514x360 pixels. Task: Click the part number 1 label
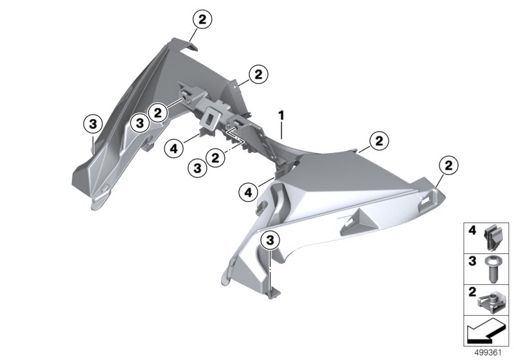(281, 116)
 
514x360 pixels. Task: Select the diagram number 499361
(488, 353)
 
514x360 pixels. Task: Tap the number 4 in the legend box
(472, 231)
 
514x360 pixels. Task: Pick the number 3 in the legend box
(472, 261)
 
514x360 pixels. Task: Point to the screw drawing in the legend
(491, 269)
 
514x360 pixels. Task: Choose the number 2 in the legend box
(472, 292)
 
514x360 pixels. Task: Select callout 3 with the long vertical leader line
(270, 241)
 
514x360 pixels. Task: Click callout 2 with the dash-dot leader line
(215, 158)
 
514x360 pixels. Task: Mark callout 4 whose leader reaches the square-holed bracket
(173, 149)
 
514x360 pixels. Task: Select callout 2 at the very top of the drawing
(202, 19)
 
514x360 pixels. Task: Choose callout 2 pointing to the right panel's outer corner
(448, 165)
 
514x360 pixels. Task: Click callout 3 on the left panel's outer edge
(93, 124)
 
